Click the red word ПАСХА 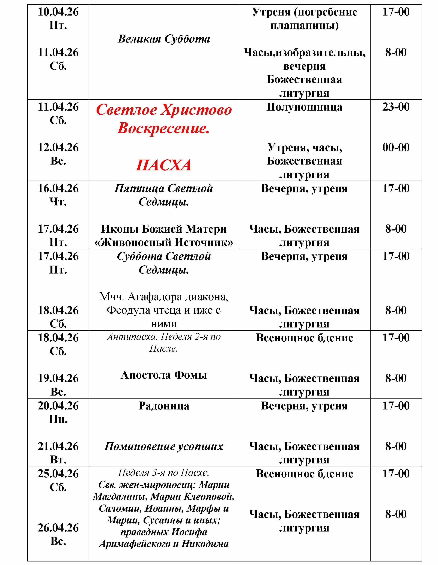pyautogui.click(x=163, y=165)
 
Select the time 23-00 pyautogui.click(x=396, y=107)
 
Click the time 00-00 pyautogui.click(x=396, y=147)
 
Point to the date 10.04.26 pyautogui.click(x=58, y=12)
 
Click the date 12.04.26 pyautogui.click(x=58, y=147)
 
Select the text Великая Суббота pyautogui.click(x=164, y=39)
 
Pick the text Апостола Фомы pyautogui.click(x=164, y=375)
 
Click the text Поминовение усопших pyautogui.click(x=164, y=446)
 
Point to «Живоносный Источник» pyautogui.click(x=164, y=243)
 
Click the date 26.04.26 pyautogui.click(x=58, y=528)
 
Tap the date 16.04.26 pyautogui.click(x=58, y=188)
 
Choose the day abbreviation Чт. pyautogui.click(x=58, y=202)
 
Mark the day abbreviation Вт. pyautogui.click(x=58, y=460)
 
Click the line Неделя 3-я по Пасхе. pyautogui.click(x=164, y=473)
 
